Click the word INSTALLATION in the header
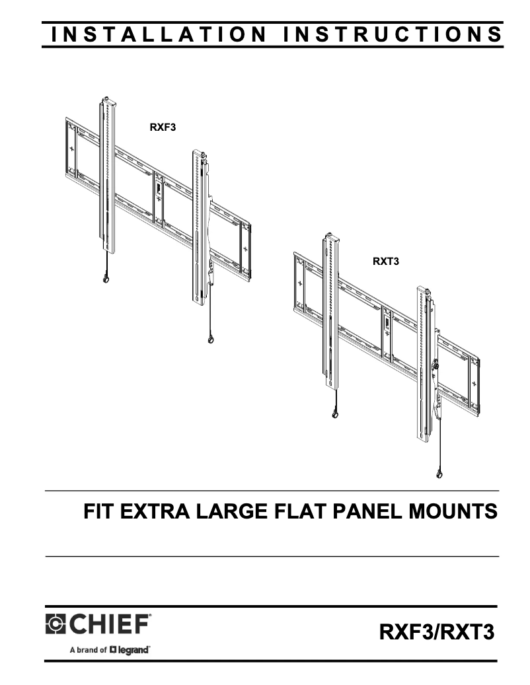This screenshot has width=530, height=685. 158,35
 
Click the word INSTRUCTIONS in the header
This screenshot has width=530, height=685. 393,35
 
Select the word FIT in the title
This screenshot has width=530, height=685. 98,512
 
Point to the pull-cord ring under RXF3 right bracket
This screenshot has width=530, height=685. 210,341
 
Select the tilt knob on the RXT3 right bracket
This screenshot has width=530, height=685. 436,365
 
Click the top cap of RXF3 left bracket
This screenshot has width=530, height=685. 106,101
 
